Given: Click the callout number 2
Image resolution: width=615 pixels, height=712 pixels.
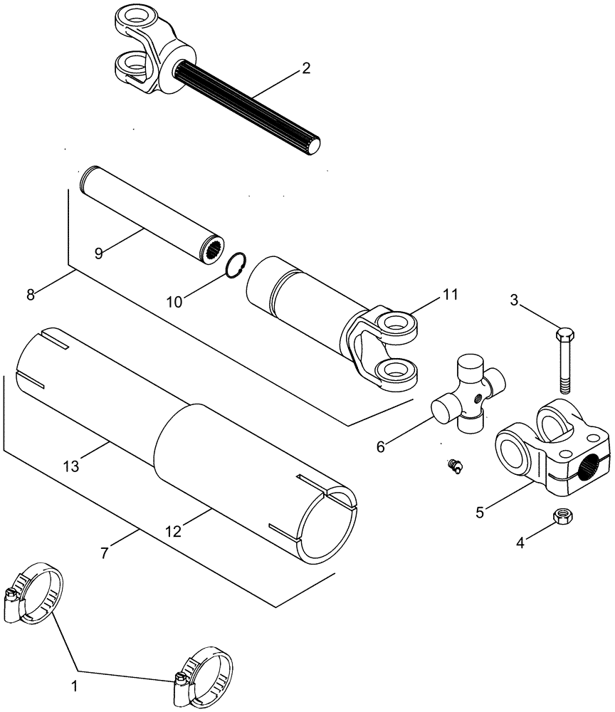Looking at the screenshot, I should pyautogui.click(x=305, y=68).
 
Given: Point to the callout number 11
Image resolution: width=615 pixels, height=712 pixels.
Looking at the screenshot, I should pyautogui.click(x=451, y=293).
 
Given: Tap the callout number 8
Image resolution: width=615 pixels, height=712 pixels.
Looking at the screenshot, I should pyautogui.click(x=30, y=293).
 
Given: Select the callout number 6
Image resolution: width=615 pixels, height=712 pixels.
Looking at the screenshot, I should pyautogui.click(x=381, y=446).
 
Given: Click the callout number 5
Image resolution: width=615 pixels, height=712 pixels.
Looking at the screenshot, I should pyautogui.click(x=482, y=510).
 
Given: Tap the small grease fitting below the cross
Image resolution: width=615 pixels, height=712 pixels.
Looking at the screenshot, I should pyautogui.click(x=453, y=466).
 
